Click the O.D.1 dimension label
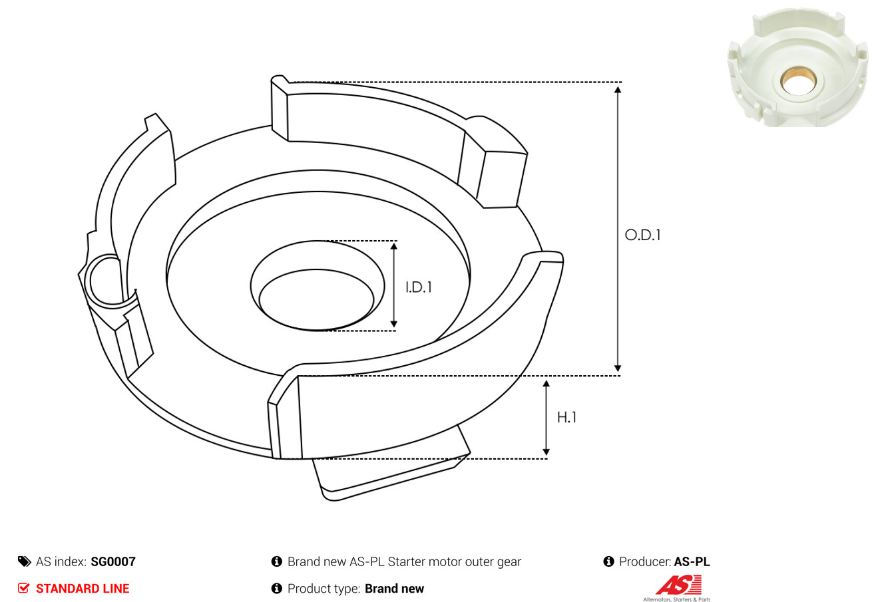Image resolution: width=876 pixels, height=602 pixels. click(x=642, y=235)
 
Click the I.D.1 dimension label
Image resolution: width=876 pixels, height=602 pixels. click(x=419, y=287)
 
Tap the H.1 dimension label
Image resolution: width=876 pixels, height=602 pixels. click(x=566, y=418)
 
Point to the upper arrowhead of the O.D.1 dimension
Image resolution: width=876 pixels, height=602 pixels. click(x=618, y=90)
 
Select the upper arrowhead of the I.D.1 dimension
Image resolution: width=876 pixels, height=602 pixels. click(x=394, y=246)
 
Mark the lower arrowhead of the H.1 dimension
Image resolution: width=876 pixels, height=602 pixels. click(x=547, y=452)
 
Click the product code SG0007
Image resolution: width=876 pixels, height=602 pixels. click(x=113, y=561)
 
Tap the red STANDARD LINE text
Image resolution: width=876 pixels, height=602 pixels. click(x=83, y=588)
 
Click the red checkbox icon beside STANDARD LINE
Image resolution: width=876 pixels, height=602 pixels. click(x=23, y=588)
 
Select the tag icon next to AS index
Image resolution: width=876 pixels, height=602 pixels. click(x=24, y=561)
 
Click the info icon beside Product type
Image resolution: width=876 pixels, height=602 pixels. click(x=276, y=588)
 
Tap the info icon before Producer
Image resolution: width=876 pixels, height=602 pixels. click(x=608, y=561)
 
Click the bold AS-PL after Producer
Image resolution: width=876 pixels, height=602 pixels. click(x=692, y=561)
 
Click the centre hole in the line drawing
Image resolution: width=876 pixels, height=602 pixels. click(x=316, y=299)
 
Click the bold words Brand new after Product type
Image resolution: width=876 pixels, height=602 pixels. click(x=394, y=588)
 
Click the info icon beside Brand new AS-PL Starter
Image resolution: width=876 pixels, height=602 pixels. click(x=276, y=561)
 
